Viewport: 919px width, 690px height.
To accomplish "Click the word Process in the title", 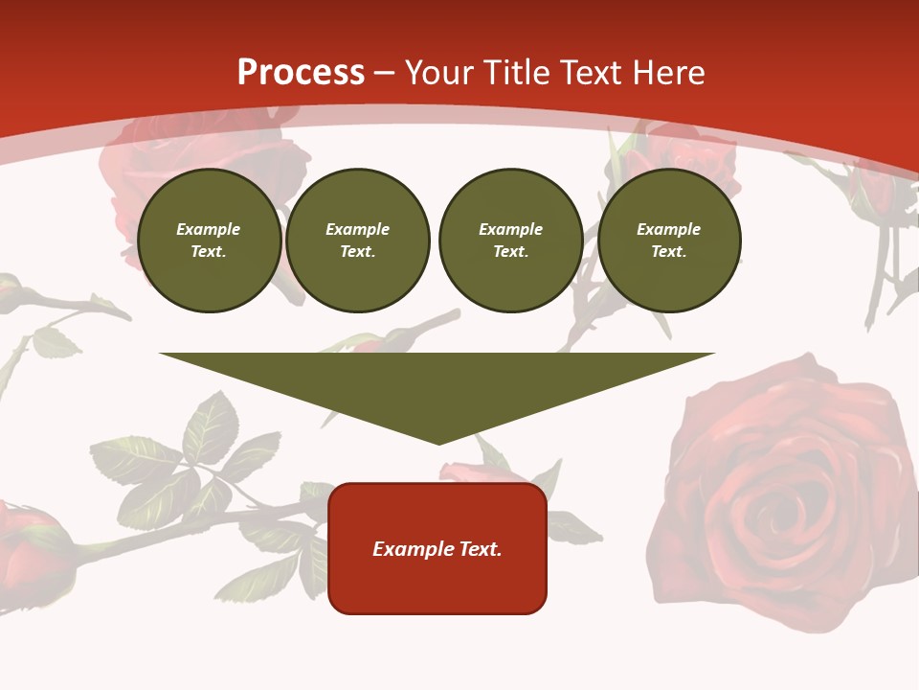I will tap(301, 73).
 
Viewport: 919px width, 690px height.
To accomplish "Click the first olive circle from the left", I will tap(209, 241).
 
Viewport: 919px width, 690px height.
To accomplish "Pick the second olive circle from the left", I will tap(358, 241).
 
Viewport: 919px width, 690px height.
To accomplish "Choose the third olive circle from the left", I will tap(511, 241).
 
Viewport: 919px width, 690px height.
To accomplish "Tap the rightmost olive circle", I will tap(669, 241).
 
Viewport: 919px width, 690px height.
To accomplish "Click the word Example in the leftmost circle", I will tap(209, 229).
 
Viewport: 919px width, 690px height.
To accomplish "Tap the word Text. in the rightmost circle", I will tap(669, 252).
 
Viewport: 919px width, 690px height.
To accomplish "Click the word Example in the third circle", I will tap(511, 229).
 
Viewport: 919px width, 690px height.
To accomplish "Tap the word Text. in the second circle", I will tap(358, 252).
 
